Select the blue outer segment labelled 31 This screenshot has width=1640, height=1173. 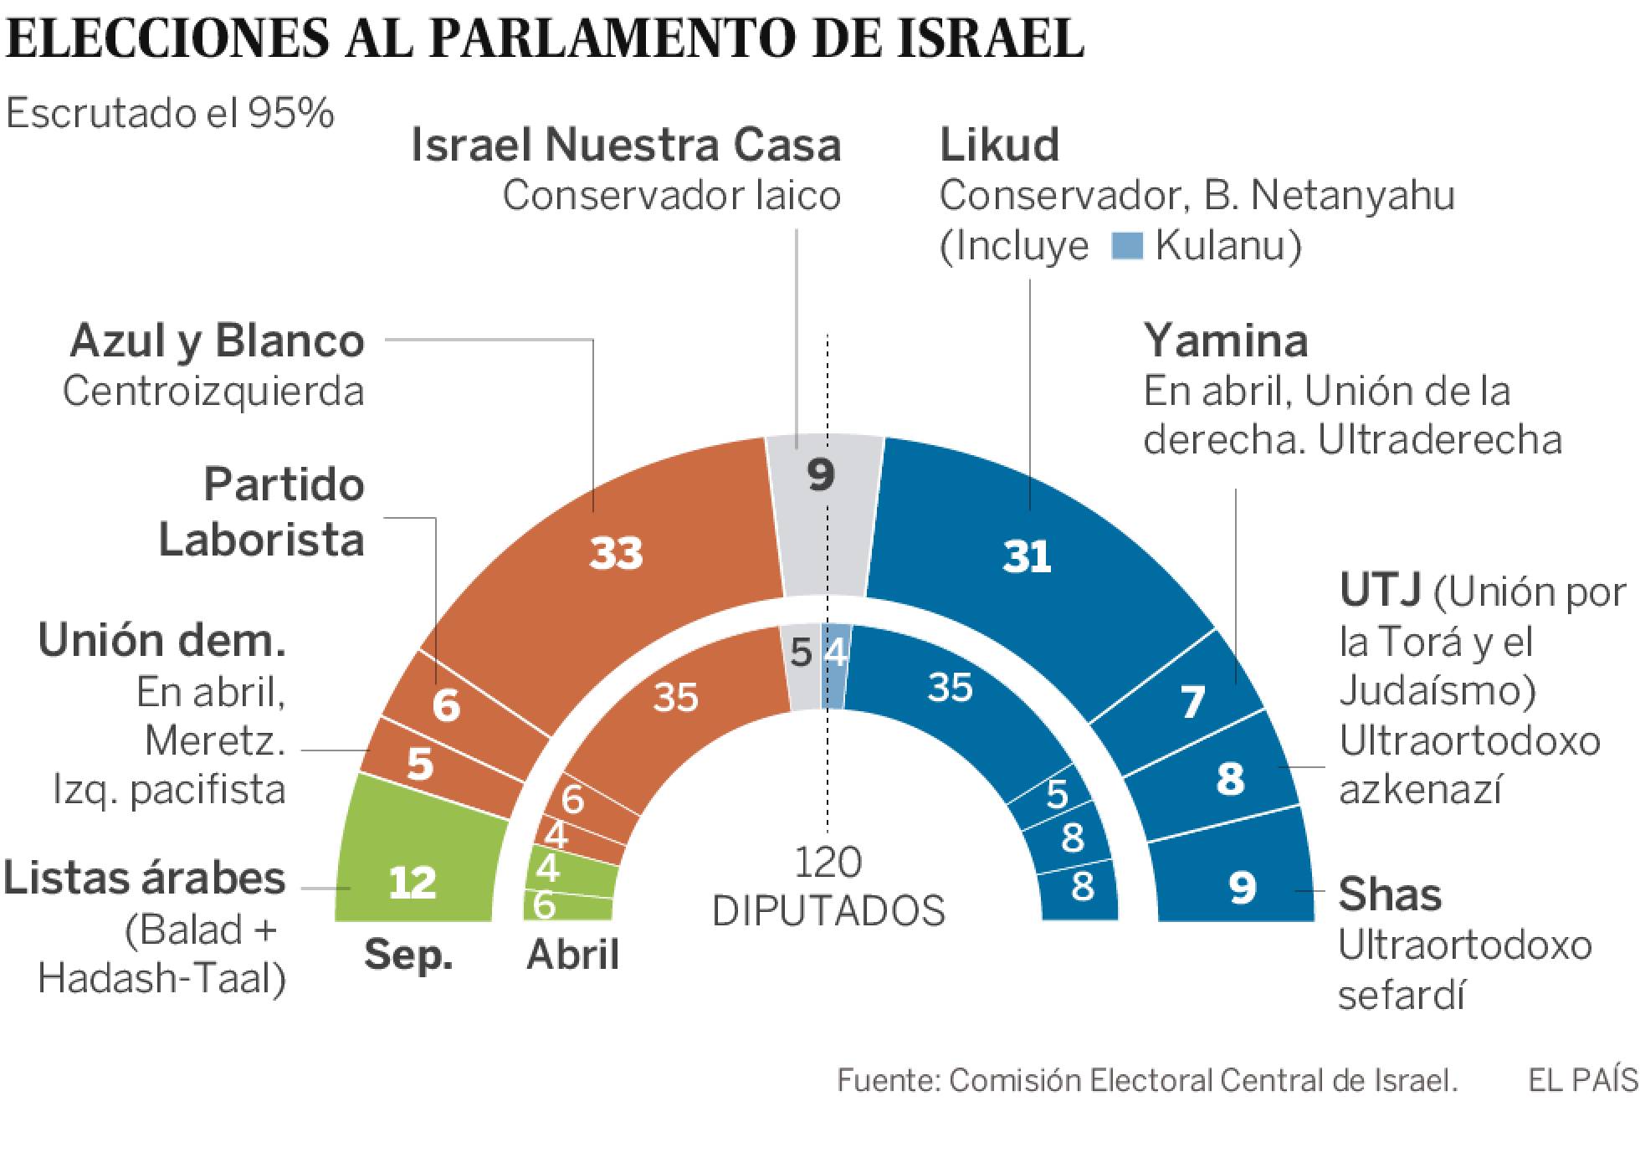(1028, 556)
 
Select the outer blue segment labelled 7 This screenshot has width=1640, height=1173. (1192, 701)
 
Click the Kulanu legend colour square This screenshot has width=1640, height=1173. (1127, 246)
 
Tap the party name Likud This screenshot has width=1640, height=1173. (999, 146)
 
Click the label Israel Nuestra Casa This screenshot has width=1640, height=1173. (626, 146)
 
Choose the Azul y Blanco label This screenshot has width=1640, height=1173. (218, 341)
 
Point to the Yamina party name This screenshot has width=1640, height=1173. (1225, 341)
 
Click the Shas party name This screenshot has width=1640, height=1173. (1390, 894)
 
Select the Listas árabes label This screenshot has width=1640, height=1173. (145, 879)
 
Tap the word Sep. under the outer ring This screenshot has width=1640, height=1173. (408, 955)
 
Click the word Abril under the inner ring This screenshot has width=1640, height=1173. (572, 955)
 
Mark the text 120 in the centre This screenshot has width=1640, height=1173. (828, 863)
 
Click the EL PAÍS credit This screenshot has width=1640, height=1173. (1582, 1080)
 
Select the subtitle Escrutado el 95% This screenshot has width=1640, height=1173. (170, 114)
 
